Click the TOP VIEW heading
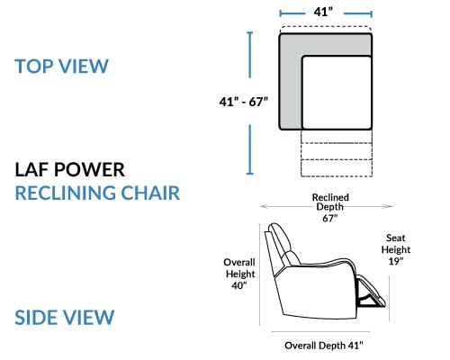click(x=61, y=67)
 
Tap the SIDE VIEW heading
click(x=65, y=318)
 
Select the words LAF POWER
click(x=69, y=170)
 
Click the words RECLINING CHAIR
click(x=97, y=193)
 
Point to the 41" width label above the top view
click(x=323, y=12)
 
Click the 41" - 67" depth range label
click(x=243, y=102)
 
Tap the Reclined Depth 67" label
click(x=330, y=208)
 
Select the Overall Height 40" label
click(x=239, y=274)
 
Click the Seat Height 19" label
click(x=396, y=249)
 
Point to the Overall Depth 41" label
click(x=324, y=346)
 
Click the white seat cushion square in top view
click(x=337, y=93)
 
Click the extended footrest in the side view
click(x=371, y=292)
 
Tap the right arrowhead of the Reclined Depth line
click(x=389, y=206)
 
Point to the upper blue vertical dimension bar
click(x=249, y=55)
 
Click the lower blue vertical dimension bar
click(x=249, y=149)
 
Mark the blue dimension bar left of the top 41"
click(x=292, y=13)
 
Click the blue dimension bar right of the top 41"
click(x=358, y=13)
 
